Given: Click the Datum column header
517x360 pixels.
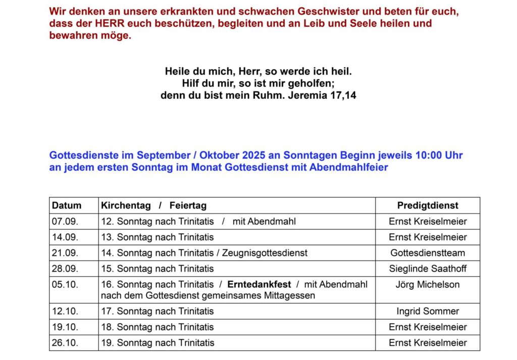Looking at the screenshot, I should [67, 205].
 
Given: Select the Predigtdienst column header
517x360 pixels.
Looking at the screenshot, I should [428, 205].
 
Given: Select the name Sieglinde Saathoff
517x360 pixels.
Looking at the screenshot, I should [428, 269].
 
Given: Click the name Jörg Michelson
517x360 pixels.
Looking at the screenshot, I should [428, 284].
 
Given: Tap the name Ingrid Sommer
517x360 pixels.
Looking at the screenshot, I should [428, 311].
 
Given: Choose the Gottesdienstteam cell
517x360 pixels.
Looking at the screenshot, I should [428, 252].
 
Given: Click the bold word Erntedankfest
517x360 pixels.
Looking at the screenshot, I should [259, 284].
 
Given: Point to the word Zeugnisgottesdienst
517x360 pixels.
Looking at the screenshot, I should [265, 252].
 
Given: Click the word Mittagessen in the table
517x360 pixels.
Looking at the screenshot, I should [290, 295].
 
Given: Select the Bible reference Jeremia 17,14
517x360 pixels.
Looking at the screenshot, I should [322, 95].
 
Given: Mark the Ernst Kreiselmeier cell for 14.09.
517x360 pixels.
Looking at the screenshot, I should [428, 237].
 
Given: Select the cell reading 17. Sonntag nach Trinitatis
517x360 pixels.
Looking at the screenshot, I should [158, 311].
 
